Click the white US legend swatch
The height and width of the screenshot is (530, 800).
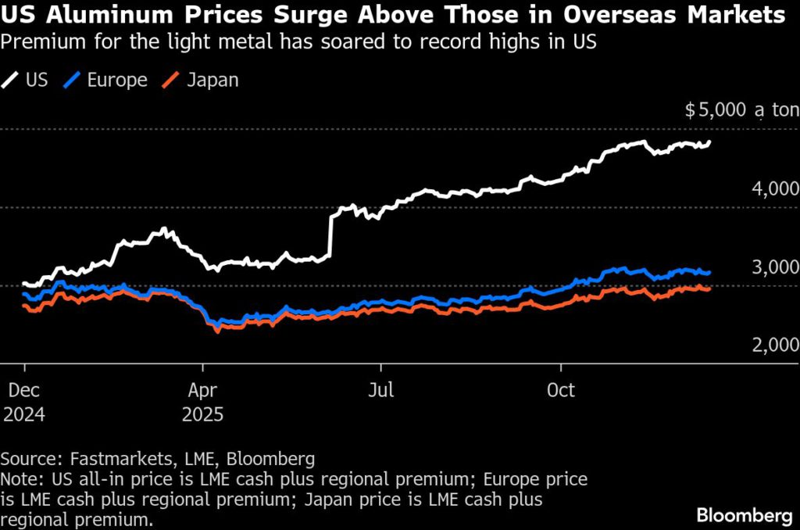pos(11,80)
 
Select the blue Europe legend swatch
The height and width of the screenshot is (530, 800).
pos(75,80)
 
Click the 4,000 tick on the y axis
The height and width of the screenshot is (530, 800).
pos(774,189)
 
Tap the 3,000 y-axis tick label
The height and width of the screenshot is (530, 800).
pos(774,267)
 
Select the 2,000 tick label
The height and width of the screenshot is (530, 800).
pos(774,346)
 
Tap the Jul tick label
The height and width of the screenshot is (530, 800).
pos(380,390)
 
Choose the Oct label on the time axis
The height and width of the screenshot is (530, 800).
pos(561,390)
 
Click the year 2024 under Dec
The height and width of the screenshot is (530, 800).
pos(24,414)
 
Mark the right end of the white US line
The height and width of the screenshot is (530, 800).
pos(709,142)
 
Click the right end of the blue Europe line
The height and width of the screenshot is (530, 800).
pos(709,273)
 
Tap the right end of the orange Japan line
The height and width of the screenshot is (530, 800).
pos(709,288)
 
